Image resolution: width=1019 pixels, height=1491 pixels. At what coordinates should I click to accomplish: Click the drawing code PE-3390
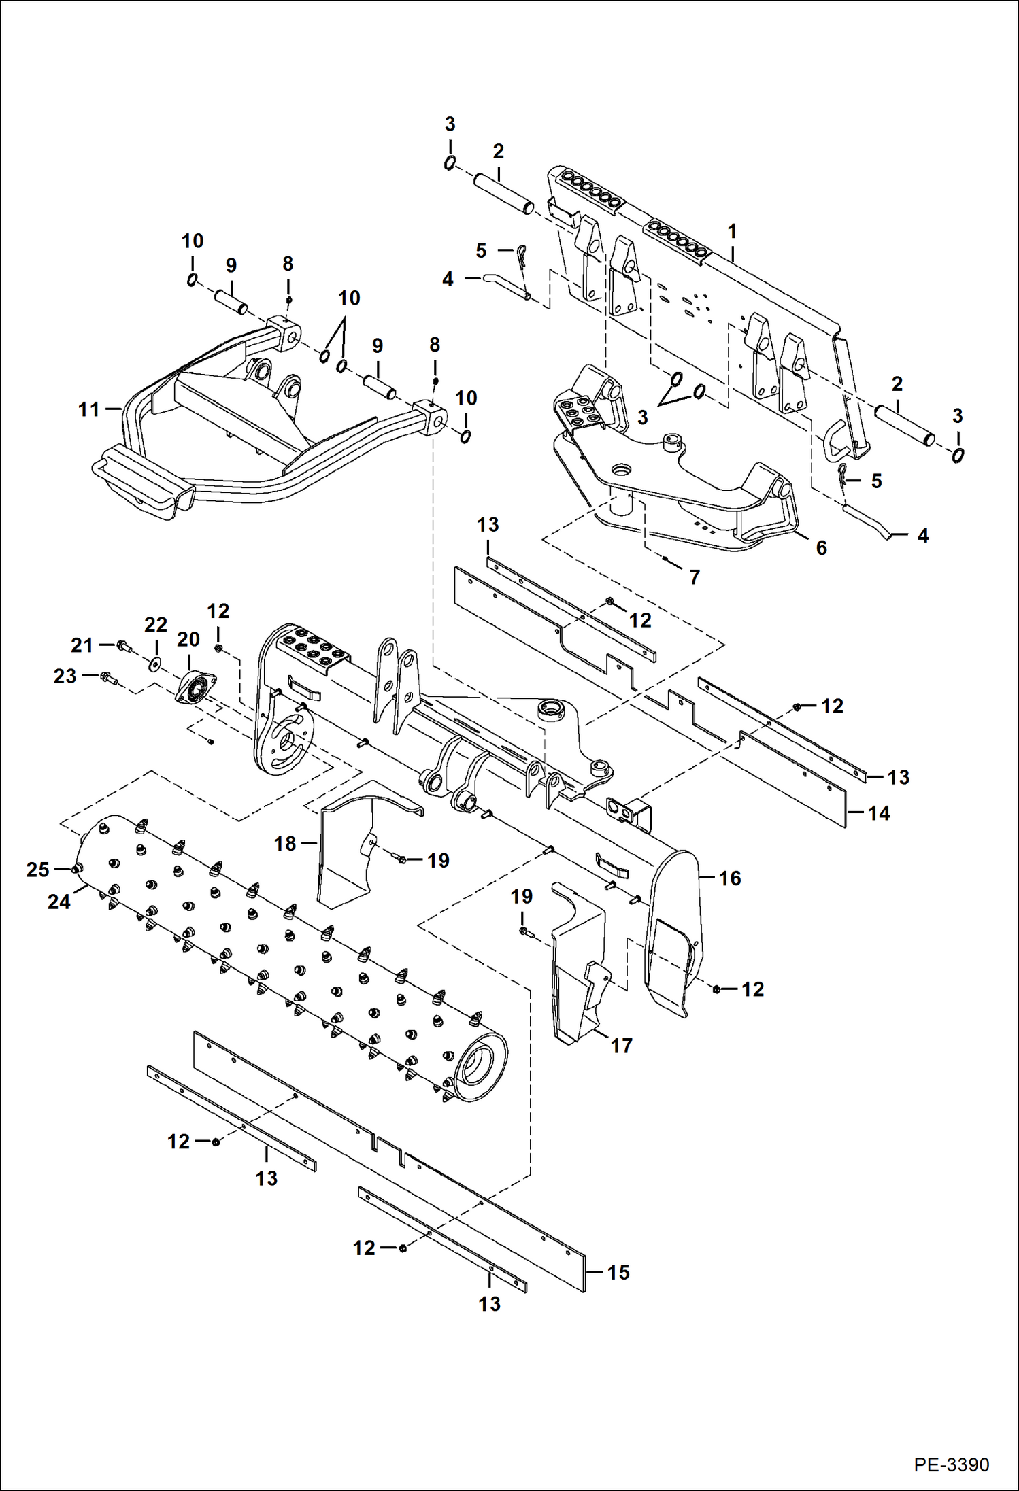[x=951, y=1464]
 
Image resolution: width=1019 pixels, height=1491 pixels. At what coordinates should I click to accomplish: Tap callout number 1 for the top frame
[x=732, y=231]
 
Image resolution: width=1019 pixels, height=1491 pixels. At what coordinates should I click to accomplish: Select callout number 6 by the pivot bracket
[x=821, y=547]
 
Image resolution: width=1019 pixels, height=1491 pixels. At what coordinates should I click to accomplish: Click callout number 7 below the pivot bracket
[x=694, y=577]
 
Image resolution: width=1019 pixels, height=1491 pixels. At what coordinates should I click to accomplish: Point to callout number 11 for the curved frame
[x=88, y=409]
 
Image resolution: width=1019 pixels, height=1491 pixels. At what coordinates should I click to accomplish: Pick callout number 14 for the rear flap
[x=878, y=812]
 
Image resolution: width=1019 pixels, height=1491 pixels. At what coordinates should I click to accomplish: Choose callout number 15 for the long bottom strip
[x=618, y=1272]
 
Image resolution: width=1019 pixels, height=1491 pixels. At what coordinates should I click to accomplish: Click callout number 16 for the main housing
[x=729, y=878]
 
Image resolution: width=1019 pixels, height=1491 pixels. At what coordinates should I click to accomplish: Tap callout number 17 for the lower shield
[x=621, y=1046]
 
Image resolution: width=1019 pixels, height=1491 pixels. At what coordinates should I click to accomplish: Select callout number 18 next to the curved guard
[x=285, y=843]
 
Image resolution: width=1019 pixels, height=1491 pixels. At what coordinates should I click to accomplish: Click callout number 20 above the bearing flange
[x=188, y=639]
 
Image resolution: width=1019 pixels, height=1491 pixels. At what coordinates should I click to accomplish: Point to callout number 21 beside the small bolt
[x=82, y=645]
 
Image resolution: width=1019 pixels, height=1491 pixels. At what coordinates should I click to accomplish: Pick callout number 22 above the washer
[x=156, y=624]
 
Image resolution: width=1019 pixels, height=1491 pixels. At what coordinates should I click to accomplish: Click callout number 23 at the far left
[x=65, y=676]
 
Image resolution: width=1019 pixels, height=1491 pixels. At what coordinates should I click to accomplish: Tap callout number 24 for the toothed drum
[x=59, y=902]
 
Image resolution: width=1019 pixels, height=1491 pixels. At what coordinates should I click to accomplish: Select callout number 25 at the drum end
[x=37, y=870]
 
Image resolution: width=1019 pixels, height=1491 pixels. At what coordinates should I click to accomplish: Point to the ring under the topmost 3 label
[x=450, y=163]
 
